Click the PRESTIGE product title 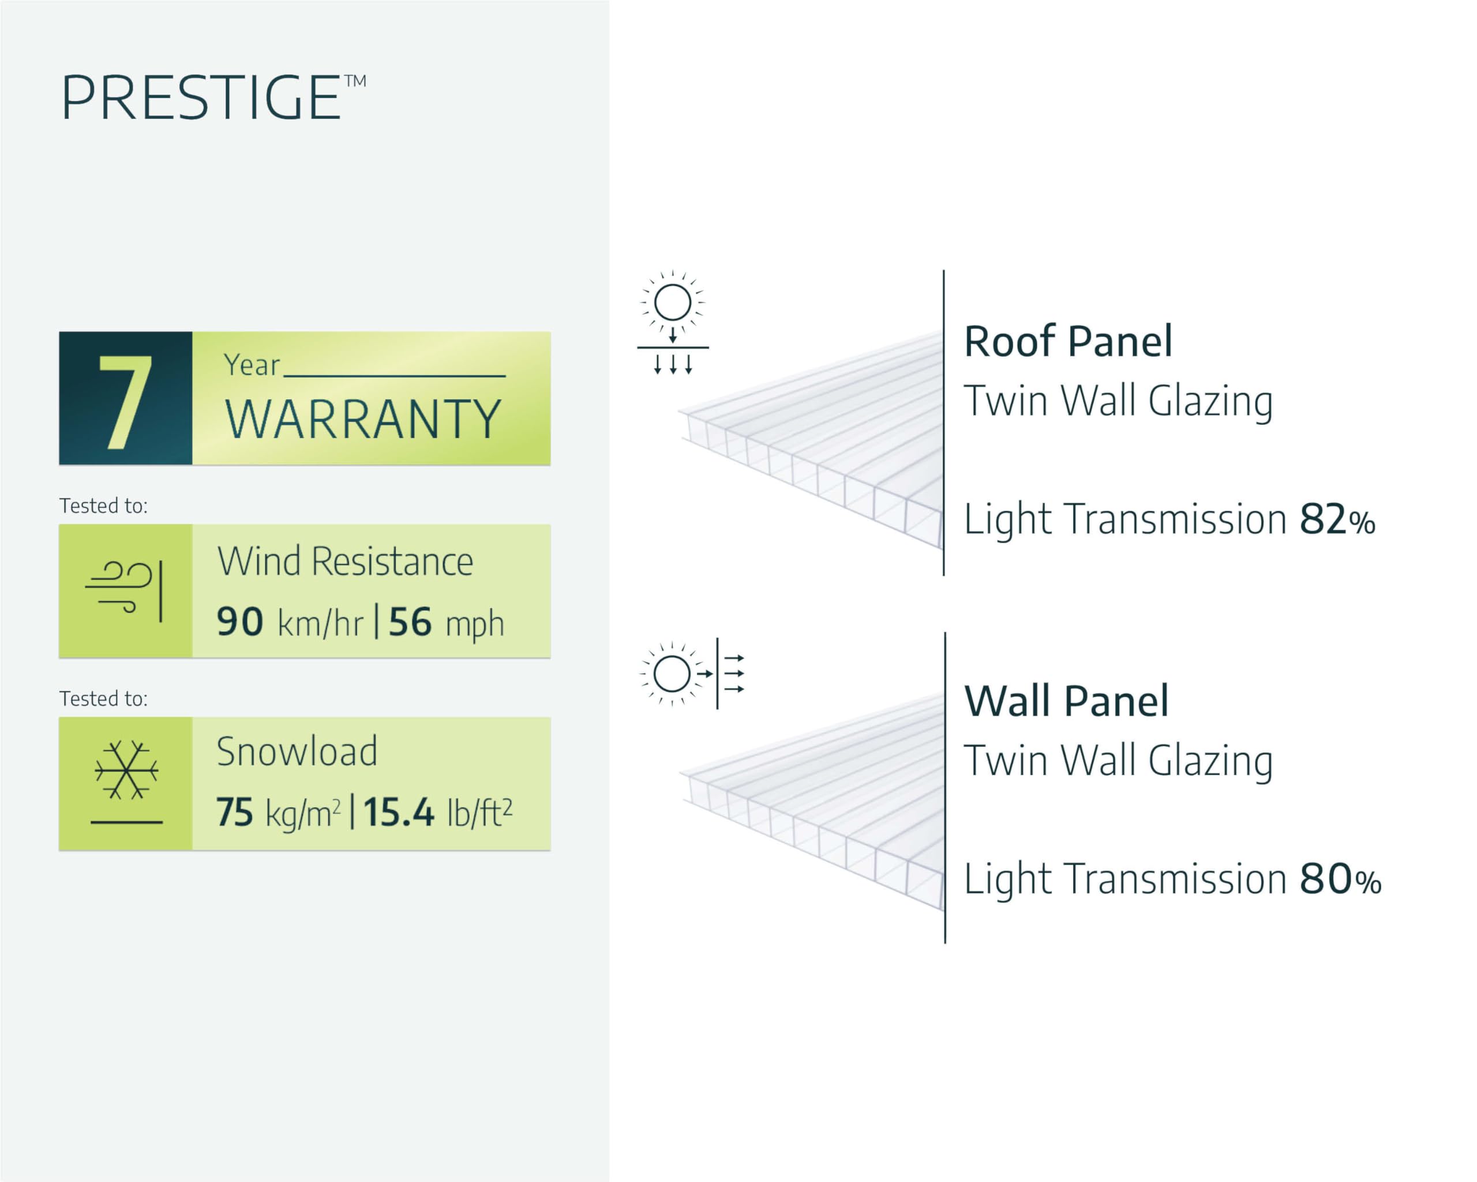pyautogui.click(x=201, y=98)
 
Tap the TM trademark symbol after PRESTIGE pyautogui.click(x=355, y=81)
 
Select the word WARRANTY pyautogui.click(x=363, y=420)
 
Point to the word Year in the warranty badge pyautogui.click(x=252, y=365)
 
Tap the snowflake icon pyautogui.click(x=127, y=770)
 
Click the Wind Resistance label pyautogui.click(x=345, y=562)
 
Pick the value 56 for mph pyautogui.click(x=410, y=622)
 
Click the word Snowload pyautogui.click(x=297, y=751)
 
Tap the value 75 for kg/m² pyautogui.click(x=234, y=813)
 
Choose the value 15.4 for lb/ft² pyautogui.click(x=398, y=813)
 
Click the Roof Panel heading pyautogui.click(x=1068, y=341)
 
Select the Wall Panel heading pyautogui.click(x=1066, y=701)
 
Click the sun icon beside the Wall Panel pyautogui.click(x=672, y=674)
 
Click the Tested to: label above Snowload pyautogui.click(x=103, y=699)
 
